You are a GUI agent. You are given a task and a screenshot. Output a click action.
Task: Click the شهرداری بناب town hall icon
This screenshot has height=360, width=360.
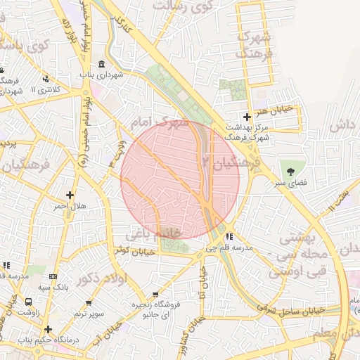click(102, 65)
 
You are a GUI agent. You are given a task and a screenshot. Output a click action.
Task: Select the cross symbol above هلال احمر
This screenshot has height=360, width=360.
click(70, 195)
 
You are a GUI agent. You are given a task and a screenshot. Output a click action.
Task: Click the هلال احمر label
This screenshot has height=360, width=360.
click(70, 207)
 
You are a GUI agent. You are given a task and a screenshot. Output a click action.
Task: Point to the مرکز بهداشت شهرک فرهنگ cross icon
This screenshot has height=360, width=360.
click(246, 117)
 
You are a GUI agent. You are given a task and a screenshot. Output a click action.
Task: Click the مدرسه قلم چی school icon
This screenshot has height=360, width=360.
click(230, 236)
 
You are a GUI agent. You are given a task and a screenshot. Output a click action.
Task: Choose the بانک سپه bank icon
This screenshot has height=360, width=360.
click(53, 276)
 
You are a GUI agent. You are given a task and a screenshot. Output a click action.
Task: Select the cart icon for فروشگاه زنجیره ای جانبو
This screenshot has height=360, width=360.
click(155, 295)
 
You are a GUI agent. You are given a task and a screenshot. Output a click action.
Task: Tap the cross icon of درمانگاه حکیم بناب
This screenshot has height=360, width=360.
click(48, 328)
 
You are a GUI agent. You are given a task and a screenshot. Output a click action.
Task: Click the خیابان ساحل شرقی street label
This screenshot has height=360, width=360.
click(290, 309)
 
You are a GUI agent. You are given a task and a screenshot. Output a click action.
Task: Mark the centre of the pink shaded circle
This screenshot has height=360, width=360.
click(180, 180)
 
